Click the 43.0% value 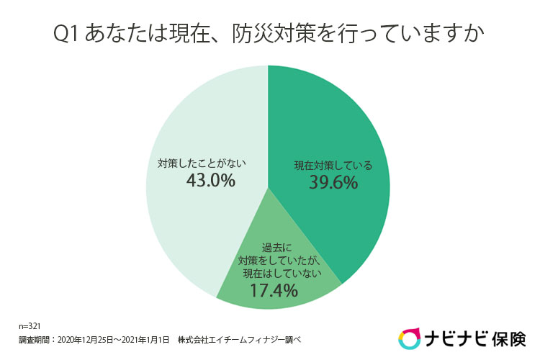(x=211, y=181)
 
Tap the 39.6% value (x=333, y=182)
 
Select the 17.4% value (x=274, y=290)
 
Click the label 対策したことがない (x=202, y=163)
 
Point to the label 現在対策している (x=333, y=166)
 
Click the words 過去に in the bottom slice (x=276, y=248)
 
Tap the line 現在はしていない (x=282, y=274)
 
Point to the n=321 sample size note (x=30, y=326)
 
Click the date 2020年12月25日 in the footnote (x=85, y=340)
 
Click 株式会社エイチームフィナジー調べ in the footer (x=239, y=340)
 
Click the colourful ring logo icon (x=409, y=338)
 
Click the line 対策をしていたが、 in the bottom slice (x=279, y=261)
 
